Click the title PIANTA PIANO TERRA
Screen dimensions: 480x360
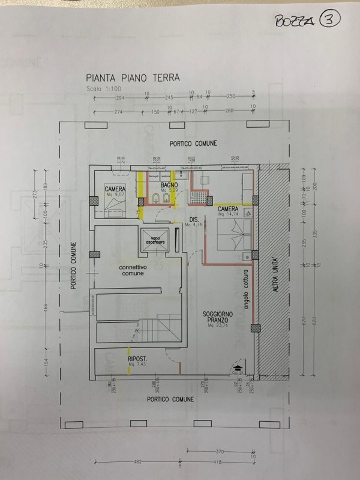point(129,77)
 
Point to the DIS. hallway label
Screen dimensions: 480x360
point(194,218)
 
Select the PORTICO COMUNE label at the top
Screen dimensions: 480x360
point(193,143)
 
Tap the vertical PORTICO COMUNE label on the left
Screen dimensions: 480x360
point(74,265)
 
